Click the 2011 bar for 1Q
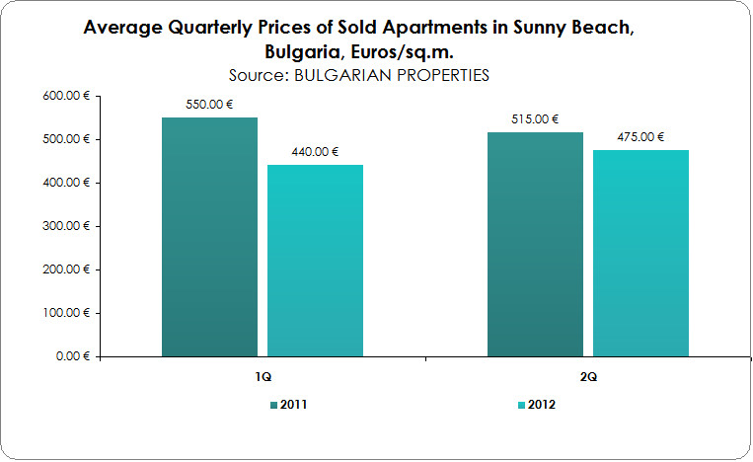tap(209, 237)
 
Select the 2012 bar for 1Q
tap(316, 261)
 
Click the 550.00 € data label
tap(209, 105)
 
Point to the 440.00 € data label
tap(315, 152)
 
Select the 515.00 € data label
tap(535, 119)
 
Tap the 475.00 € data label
tap(640, 137)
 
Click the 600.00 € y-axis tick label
tap(66, 96)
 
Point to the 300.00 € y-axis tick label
tap(66, 226)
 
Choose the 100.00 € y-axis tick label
tap(66, 313)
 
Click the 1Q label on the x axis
tap(262, 378)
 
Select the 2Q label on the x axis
tap(587, 378)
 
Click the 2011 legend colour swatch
tap(272, 405)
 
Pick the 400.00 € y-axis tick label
tap(66, 183)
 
